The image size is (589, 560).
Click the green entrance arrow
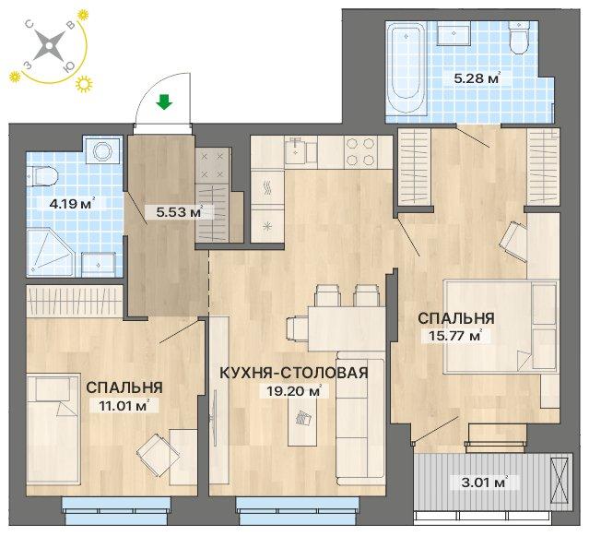tap(164, 101)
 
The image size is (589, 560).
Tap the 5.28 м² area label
tap(477, 78)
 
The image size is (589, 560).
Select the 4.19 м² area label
tap(72, 204)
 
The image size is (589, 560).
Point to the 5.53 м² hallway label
tap(180, 212)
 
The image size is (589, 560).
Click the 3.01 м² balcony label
tap(485, 482)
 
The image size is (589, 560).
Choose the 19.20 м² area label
tap(294, 391)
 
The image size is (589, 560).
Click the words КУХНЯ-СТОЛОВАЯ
tap(293, 373)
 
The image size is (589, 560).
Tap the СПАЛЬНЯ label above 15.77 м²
tap(456, 318)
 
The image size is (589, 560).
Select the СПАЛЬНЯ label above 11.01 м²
tap(124, 387)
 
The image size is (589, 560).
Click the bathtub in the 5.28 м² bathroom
tap(406, 68)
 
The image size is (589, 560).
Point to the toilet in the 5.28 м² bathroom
tap(519, 37)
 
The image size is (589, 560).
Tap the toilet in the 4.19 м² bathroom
tap(44, 176)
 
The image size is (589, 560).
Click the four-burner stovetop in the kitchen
tap(360, 151)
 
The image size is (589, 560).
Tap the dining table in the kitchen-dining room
tap(347, 328)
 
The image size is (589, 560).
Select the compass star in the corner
tap(49, 46)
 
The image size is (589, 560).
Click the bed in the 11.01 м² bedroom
tap(53, 430)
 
